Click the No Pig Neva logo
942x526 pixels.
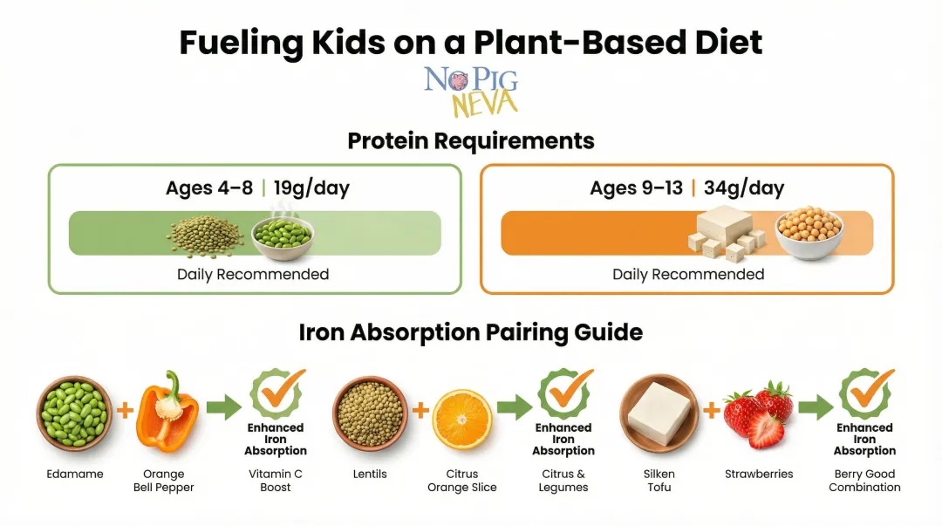pyautogui.click(x=471, y=92)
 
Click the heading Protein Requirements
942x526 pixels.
pyautogui.click(x=471, y=140)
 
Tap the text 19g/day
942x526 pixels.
pyautogui.click(x=311, y=188)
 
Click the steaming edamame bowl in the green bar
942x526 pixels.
pyautogui.click(x=282, y=233)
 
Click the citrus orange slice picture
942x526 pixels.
pyautogui.click(x=462, y=419)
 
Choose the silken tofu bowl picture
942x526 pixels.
pyautogui.click(x=659, y=413)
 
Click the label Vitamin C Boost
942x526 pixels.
pyautogui.click(x=275, y=481)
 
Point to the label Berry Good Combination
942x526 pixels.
pyautogui.click(x=864, y=481)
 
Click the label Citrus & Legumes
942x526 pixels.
pyautogui.click(x=563, y=481)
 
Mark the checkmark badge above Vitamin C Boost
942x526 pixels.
pyautogui.click(x=276, y=393)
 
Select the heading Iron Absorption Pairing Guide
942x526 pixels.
pyautogui.click(x=471, y=332)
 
